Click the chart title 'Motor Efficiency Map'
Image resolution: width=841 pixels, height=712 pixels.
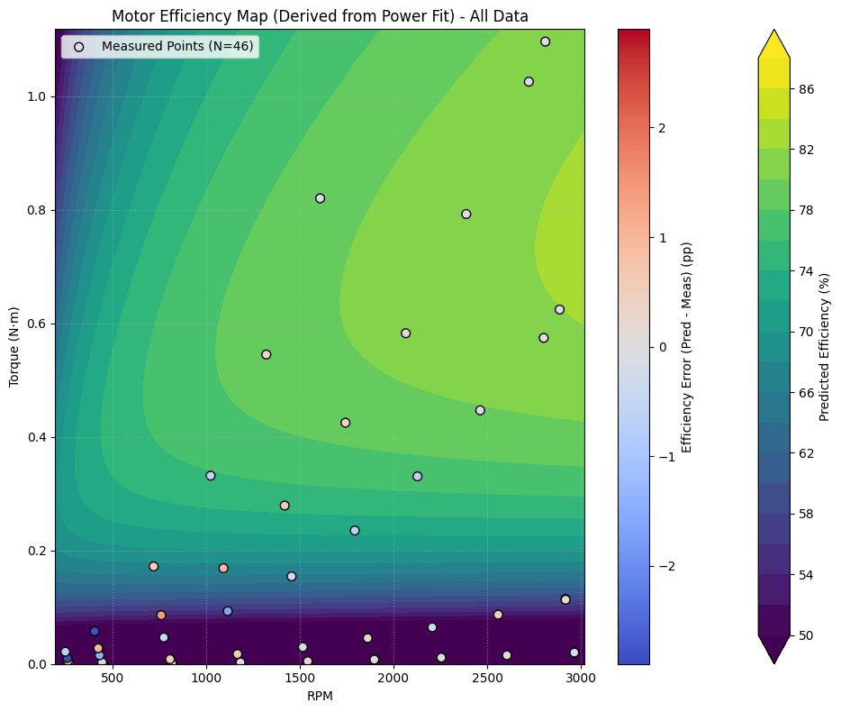[320, 16]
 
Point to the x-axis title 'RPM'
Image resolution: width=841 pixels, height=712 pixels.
[320, 697]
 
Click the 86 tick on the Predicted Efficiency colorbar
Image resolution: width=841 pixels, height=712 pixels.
[807, 89]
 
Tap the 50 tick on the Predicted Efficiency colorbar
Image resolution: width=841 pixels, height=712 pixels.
[807, 634]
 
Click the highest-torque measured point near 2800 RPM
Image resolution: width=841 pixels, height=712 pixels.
[545, 41]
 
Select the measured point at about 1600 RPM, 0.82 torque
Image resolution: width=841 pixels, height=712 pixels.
[320, 198]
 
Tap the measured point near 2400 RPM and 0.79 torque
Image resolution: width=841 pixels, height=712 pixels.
[466, 214]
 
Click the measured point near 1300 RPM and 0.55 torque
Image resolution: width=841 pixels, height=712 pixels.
[266, 354]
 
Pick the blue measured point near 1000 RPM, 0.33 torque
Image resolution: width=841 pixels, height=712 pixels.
[211, 475]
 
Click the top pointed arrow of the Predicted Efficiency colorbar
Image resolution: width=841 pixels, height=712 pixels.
[774, 41]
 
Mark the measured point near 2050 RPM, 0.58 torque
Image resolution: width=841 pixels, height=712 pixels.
[405, 333]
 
